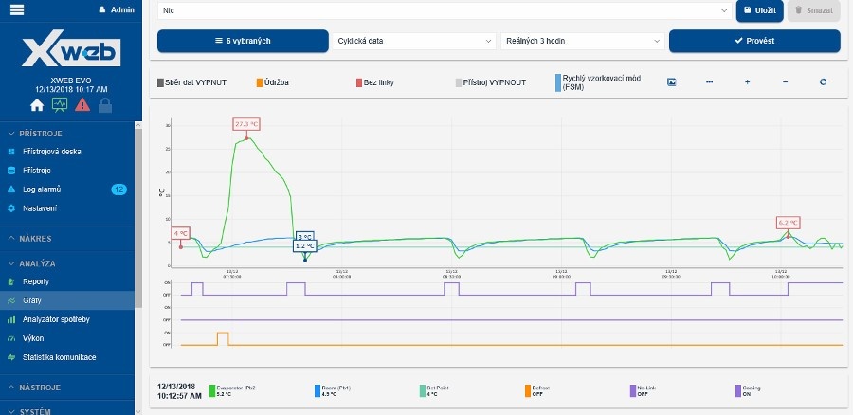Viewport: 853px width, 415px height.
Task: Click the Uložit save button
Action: point(760,10)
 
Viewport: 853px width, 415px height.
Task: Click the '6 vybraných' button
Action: point(243,41)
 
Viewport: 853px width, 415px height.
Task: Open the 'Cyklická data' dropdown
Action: point(414,41)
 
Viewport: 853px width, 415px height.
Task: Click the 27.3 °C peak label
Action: point(246,124)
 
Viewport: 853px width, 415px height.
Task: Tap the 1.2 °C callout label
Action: point(304,245)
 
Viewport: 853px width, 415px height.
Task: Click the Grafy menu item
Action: point(32,299)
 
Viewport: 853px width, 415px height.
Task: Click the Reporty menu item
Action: point(36,281)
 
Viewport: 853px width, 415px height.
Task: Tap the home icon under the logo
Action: point(37,105)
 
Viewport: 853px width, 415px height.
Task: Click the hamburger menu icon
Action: point(17,9)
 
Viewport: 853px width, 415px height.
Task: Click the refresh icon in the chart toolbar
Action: point(823,82)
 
